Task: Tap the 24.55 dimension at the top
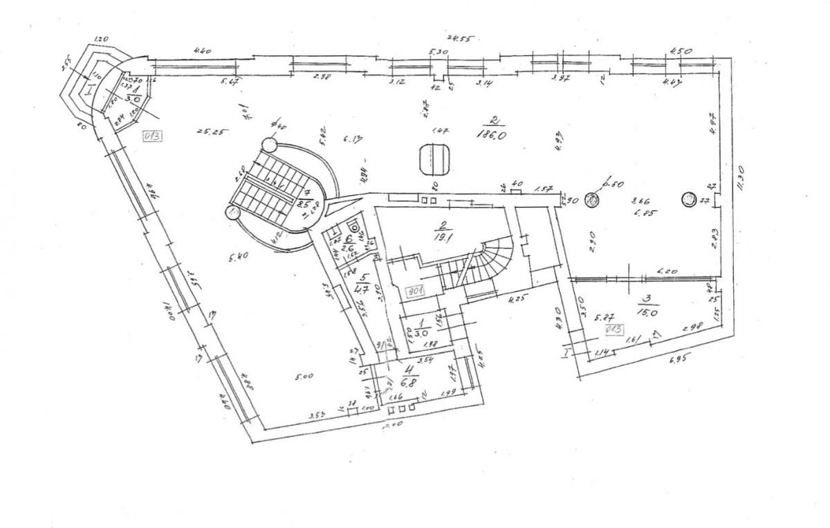pos(458,39)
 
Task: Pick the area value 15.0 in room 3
pos(648,312)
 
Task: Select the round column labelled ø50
pos(592,200)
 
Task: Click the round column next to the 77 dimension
pos(689,199)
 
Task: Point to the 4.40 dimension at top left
pos(202,51)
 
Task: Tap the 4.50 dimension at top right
pos(682,51)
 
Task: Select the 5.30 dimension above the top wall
pos(438,52)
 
